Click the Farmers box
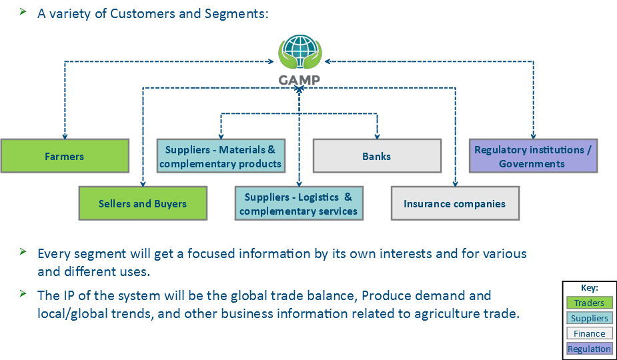65,156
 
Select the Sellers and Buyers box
143,203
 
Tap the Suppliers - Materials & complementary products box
221,156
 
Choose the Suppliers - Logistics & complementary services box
299,203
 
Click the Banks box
377,156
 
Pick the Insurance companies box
455,203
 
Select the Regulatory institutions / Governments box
532,156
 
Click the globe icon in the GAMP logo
300,51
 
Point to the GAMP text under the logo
299,80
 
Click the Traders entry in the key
589,303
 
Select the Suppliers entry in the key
589,318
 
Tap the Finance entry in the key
589,333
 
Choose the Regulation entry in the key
589,349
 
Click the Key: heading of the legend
590,288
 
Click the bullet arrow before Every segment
23,252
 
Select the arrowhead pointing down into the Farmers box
65,136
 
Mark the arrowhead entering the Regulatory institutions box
533,136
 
